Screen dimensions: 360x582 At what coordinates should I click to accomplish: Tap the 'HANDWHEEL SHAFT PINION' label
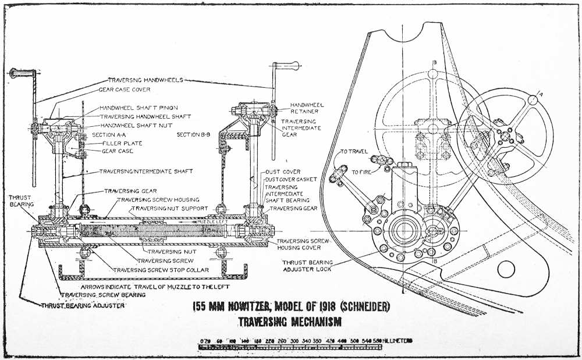(139, 108)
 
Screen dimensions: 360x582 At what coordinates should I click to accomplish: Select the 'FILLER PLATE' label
(122, 142)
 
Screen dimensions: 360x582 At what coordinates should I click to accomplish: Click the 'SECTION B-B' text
(196, 134)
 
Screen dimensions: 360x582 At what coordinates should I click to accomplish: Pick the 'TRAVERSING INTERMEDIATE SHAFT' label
(145, 172)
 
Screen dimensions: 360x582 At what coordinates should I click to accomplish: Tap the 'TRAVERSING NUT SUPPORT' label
(169, 208)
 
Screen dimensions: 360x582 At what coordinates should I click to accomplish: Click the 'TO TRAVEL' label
(354, 151)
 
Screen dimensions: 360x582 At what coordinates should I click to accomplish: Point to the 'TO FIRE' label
(363, 172)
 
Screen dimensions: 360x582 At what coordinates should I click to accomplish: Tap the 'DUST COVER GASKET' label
(291, 180)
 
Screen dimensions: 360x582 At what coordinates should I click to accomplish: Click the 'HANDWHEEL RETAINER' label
(307, 108)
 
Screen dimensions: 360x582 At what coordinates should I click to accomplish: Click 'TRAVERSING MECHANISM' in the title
(289, 321)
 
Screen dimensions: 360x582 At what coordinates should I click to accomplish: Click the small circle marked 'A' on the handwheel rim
(534, 99)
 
